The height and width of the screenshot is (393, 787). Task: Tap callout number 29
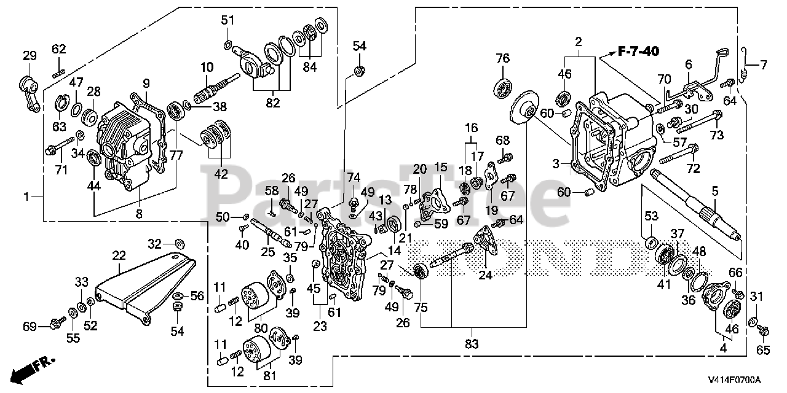coord(30,56)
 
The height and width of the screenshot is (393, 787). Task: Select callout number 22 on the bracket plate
coord(119,254)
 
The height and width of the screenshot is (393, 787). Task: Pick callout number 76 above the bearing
coord(503,58)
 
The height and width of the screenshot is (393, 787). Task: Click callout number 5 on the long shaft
coord(715,192)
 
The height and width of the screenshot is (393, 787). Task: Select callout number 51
coord(228,20)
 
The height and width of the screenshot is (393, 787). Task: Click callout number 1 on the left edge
coord(26,196)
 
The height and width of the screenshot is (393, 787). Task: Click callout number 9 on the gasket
coord(146,83)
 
